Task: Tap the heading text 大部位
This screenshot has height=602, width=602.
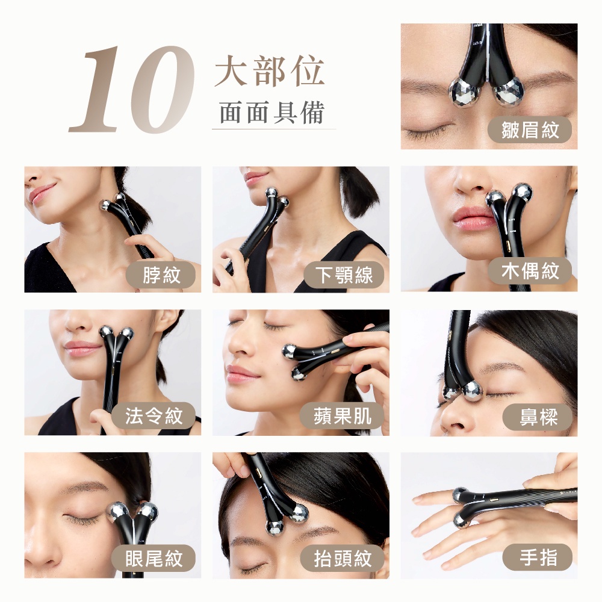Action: click(x=270, y=71)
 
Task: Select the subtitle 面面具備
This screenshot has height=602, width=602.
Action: click(x=272, y=113)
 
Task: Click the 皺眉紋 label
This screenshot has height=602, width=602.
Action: click(x=530, y=130)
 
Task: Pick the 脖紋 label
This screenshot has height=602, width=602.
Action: click(x=161, y=275)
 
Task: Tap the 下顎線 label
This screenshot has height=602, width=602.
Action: click(x=344, y=275)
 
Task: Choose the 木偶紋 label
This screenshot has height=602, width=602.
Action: click(x=530, y=271)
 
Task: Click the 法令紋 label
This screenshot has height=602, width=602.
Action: click(x=154, y=416)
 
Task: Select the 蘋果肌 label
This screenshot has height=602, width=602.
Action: click(x=342, y=416)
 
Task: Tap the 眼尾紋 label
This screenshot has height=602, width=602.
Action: click(x=154, y=558)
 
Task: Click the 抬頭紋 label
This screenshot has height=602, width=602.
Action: click(x=342, y=558)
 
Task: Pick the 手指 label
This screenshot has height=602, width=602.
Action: click(x=538, y=557)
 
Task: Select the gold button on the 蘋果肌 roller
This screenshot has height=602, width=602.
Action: click(x=335, y=350)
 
